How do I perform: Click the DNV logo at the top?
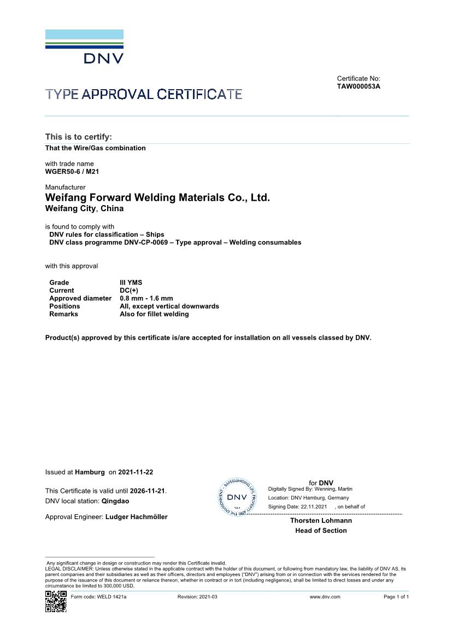tap(84, 46)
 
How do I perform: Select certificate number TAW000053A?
tap(359, 86)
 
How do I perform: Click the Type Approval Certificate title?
tap(144, 94)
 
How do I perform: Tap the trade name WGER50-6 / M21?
tap(72, 171)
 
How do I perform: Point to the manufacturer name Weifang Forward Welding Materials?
tap(157, 197)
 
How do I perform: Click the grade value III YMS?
tap(131, 283)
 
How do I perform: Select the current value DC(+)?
tap(129, 290)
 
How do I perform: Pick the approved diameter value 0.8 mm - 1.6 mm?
tap(146, 299)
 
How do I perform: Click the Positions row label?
tap(64, 306)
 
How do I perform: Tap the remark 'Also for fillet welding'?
tap(154, 314)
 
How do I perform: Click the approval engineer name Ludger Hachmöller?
tap(136, 517)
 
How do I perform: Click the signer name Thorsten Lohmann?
tap(321, 521)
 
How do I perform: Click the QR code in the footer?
tap(56, 601)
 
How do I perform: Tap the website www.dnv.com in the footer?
tap(325, 597)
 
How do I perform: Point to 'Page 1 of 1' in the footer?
tap(396, 597)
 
